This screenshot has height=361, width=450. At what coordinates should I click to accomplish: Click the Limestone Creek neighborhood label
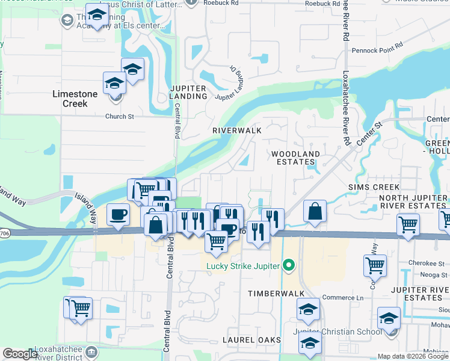tap(78, 99)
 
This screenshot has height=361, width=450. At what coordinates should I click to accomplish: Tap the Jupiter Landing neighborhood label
tap(188, 92)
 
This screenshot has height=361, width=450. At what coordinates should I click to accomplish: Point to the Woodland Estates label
tap(295, 158)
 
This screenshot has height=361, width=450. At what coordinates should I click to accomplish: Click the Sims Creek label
tap(374, 187)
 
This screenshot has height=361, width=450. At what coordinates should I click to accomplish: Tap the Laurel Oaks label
tap(252, 340)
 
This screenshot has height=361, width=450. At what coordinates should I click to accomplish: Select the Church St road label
tap(116, 117)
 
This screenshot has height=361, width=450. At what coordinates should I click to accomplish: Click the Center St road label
tap(371, 134)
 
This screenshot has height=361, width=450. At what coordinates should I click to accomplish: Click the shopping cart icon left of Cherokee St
tap(375, 264)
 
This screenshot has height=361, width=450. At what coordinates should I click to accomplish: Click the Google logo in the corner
tap(21, 354)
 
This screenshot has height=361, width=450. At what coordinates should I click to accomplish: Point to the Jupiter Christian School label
tap(337, 332)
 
